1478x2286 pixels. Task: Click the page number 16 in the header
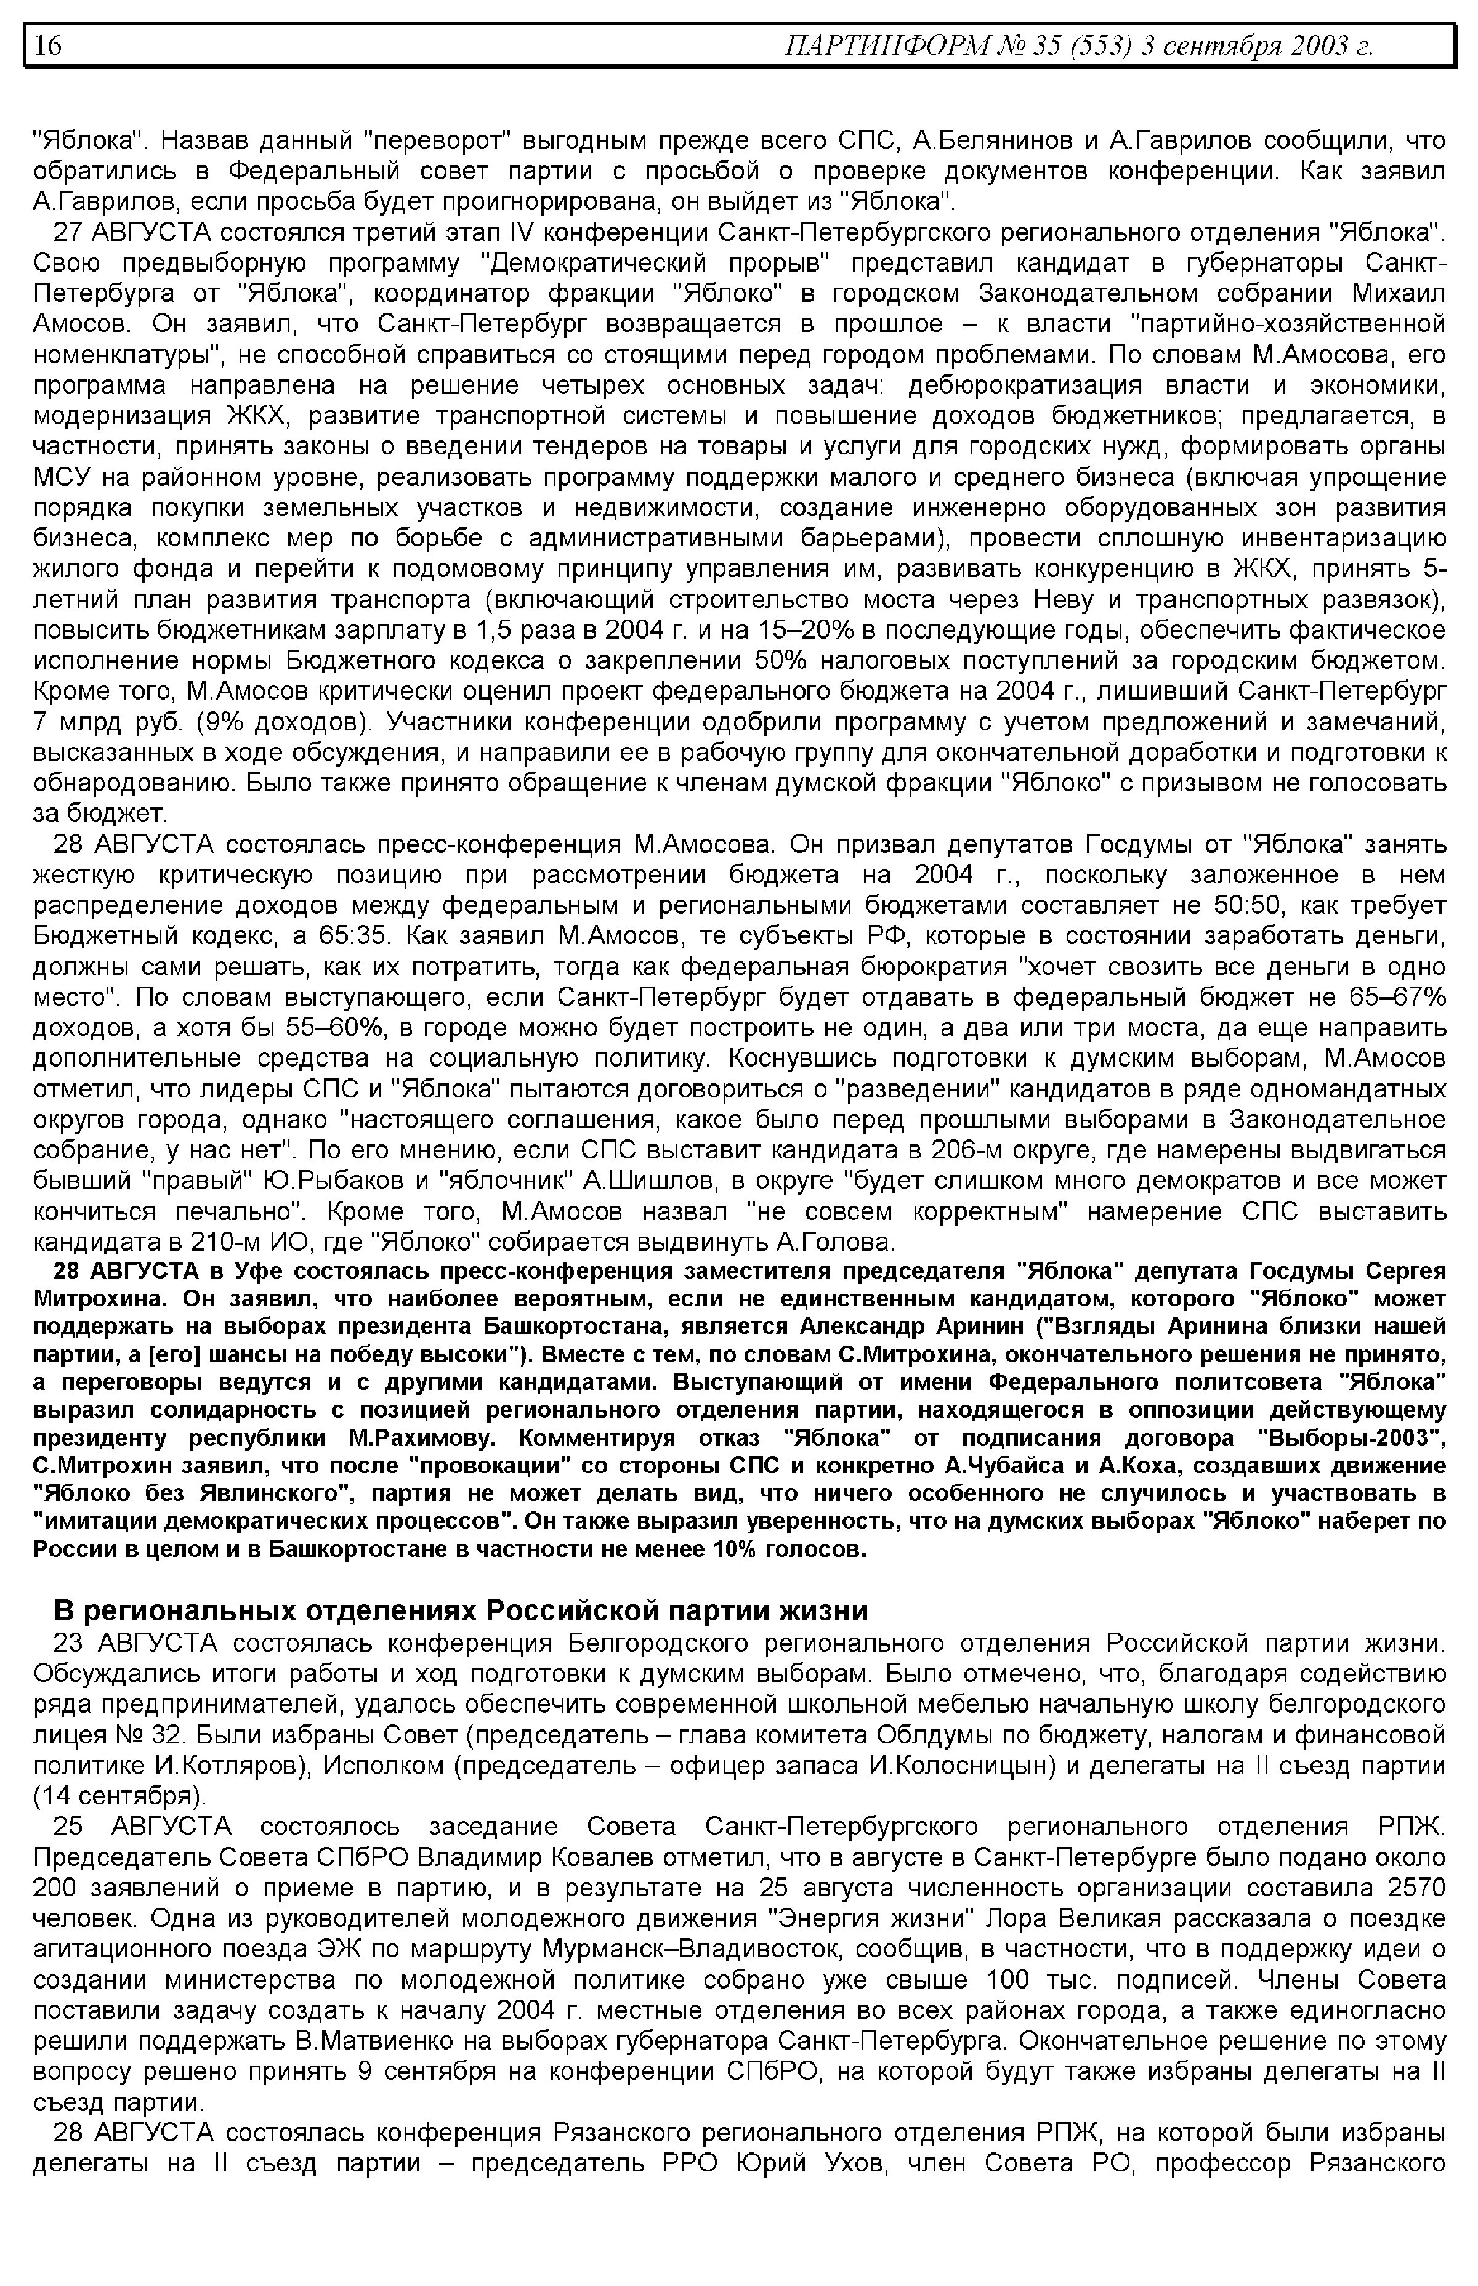tap(48, 45)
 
